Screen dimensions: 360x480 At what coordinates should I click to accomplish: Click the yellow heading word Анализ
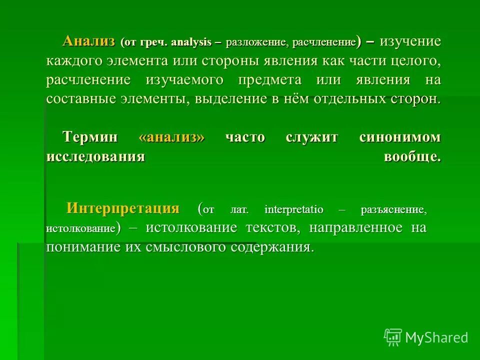tap(89, 41)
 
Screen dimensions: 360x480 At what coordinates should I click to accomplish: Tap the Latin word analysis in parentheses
tap(191, 42)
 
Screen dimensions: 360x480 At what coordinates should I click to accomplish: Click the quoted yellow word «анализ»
tap(172, 137)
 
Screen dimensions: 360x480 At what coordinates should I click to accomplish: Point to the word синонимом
tap(400, 137)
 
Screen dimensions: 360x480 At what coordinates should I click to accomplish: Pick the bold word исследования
tap(95, 156)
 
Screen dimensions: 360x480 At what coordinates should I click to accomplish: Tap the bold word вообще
tap(412, 156)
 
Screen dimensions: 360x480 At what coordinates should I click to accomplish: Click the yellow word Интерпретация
tap(123, 208)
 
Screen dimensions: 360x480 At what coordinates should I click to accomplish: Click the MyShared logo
tap(426, 337)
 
